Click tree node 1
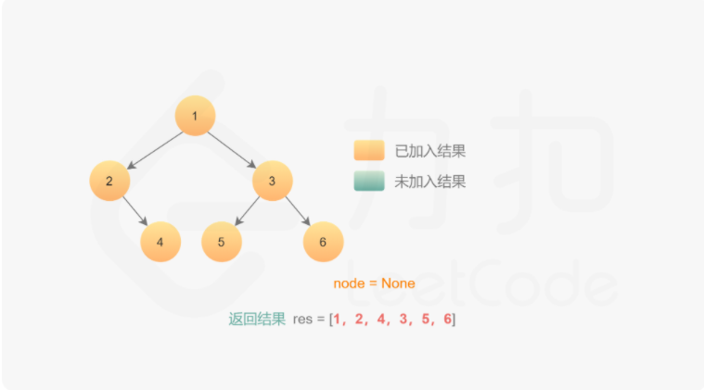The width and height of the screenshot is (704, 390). point(195,116)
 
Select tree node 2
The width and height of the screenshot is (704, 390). point(109,181)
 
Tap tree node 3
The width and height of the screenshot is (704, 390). point(272,181)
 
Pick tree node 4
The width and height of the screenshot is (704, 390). point(160,242)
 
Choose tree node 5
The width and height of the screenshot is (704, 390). point(221,242)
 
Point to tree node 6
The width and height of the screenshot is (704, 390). point(323,242)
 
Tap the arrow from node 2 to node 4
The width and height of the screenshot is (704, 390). point(135,212)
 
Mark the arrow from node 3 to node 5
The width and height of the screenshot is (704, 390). point(246,212)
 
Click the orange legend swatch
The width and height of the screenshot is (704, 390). point(368,151)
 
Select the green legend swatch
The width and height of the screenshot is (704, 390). point(368,182)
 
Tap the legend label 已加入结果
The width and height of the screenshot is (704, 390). point(429,151)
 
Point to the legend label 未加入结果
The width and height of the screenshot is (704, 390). point(429,182)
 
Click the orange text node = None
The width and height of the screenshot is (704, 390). point(374,283)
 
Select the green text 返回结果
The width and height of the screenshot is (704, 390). point(257,320)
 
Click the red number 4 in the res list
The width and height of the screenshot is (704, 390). point(380,320)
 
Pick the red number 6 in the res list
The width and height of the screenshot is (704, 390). point(447,320)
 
